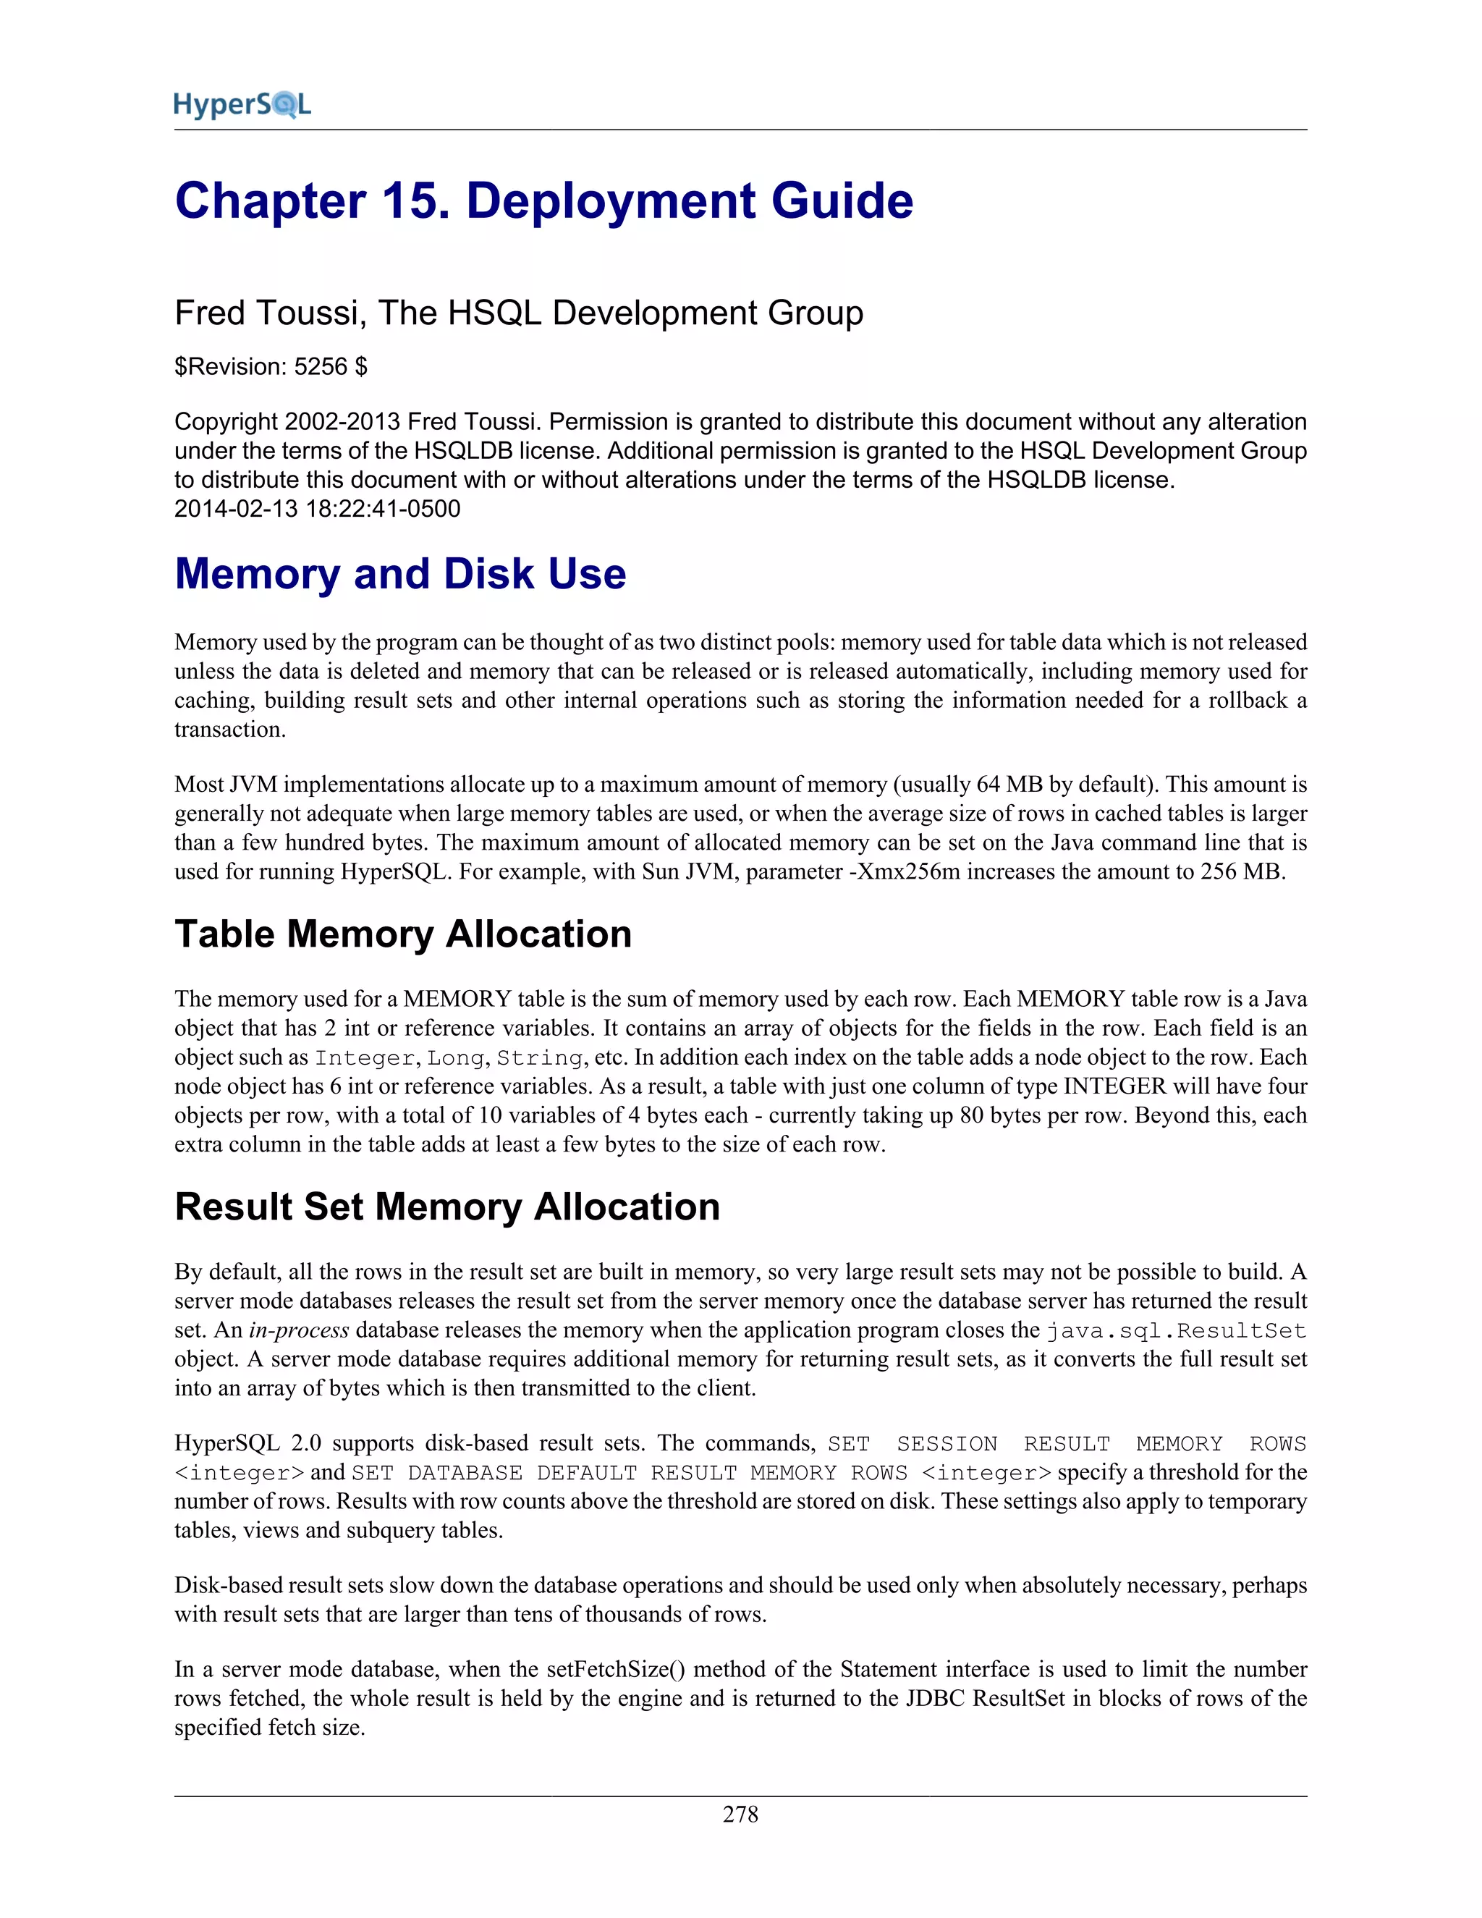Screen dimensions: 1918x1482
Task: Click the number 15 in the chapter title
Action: (x=408, y=201)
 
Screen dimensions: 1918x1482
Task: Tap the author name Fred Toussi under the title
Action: (x=267, y=313)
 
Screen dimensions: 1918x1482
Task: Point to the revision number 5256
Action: (x=321, y=367)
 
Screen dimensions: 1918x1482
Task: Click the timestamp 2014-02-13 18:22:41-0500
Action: (x=317, y=510)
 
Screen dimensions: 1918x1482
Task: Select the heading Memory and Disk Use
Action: (x=400, y=575)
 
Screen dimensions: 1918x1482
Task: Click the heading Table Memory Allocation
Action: (x=403, y=934)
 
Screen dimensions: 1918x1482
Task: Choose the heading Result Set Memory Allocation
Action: (x=447, y=1207)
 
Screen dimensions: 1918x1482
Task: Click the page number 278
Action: (x=740, y=1815)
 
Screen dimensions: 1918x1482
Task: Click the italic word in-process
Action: (x=299, y=1330)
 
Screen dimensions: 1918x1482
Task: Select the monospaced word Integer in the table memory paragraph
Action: (x=365, y=1058)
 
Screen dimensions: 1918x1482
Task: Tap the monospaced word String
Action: (x=540, y=1058)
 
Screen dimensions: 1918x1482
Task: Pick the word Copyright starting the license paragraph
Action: (x=226, y=423)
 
